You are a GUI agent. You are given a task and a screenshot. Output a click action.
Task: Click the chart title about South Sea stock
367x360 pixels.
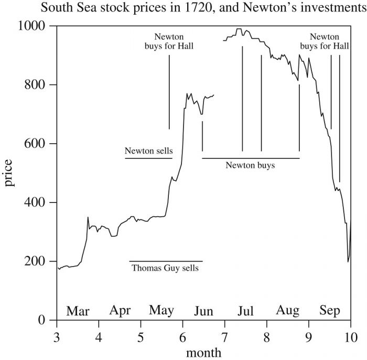click(x=183, y=9)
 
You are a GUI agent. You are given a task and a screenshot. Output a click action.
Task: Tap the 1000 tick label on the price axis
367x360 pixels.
click(x=35, y=26)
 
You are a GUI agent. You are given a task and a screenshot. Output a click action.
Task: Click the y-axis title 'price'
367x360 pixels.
click(x=10, y=173)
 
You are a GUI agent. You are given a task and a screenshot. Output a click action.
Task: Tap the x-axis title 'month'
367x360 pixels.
click(x=203, y=351)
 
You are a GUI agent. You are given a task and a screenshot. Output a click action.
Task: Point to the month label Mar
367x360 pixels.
click(x=78, y=311)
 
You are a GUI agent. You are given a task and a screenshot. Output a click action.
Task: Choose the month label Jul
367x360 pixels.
click(x=245, y=311)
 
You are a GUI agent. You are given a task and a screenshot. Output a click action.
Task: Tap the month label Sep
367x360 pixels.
click(x=330, y=311)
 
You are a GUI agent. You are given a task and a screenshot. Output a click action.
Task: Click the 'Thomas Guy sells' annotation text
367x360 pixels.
click(x=165, y=268)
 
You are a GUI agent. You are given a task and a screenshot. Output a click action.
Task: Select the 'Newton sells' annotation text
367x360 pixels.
click(x=148, y=151)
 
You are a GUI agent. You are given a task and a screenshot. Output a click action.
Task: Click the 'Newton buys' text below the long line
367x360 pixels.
click(x=250, y=165)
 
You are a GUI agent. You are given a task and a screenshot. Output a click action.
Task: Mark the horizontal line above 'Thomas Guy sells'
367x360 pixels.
click(x=166, y=261)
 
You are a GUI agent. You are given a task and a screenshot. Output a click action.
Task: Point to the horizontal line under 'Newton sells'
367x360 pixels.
click(x=148, y=158)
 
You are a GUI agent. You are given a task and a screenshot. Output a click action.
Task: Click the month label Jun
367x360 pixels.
click(x=203, y=311)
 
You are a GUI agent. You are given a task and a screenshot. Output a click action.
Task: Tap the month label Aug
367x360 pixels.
click(x=287, y=311)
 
